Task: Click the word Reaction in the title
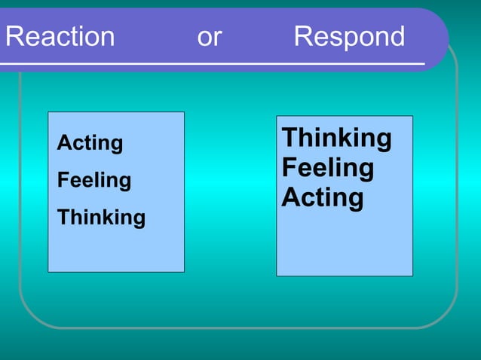(60, 37)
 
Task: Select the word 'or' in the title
(209, 37)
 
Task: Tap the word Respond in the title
(349, 37)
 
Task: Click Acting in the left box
(90, 143)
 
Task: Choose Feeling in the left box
(94, 181)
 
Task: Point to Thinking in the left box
(101, 218)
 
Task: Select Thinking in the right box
(336, 139)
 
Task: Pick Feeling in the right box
(327, 168)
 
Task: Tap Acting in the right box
(323, 198)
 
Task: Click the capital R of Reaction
(13, 37)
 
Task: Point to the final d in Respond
(396, 37)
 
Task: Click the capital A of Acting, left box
(63, 143)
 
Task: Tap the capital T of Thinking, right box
(290, 139)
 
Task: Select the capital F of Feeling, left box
(63, 181)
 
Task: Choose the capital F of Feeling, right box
(289, 168)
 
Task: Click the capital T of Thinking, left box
(63, 218)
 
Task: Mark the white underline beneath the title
(211, 64)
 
